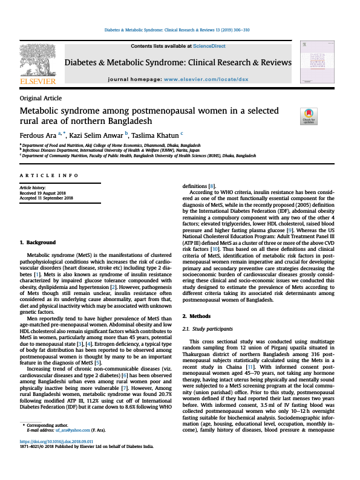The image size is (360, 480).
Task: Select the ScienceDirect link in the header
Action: (x=209, y=47)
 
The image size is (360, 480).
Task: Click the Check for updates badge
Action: (x=309, y=116)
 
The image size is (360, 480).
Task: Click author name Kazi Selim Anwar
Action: (x=94, y=134)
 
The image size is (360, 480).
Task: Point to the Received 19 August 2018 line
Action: (x=46, y=193)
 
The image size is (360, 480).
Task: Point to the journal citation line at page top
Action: (x=180, y=29)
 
